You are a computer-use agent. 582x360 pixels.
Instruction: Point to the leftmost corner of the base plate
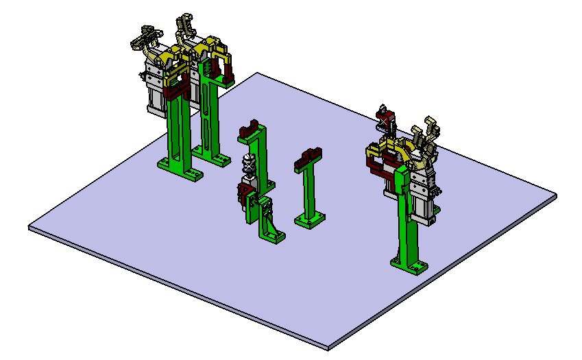coord(29,227)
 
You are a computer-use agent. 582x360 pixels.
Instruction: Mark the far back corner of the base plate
coord(257,73)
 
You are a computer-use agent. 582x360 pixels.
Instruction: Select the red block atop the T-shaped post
coord(308,158)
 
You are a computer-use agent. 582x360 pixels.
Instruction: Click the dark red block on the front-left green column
coord(177,85)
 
